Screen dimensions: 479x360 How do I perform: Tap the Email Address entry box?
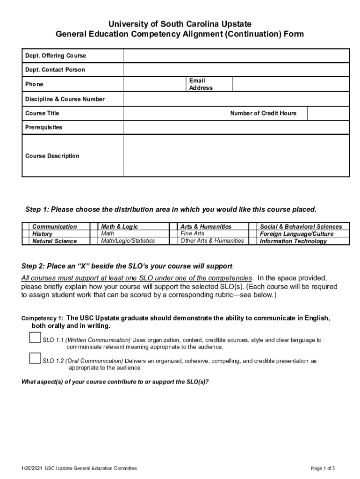[x=291, y=84]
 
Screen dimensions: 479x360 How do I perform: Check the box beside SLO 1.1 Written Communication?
[x=35, y=337]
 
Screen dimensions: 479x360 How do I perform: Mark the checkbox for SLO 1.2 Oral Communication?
[x=35, y=358]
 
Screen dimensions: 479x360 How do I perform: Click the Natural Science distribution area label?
[x=54, y=241]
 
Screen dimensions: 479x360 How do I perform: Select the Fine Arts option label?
[x=192, y=233]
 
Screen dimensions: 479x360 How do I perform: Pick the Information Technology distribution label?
[x=293, y=241]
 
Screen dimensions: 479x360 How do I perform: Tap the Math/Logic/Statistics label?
[x=128, y=241]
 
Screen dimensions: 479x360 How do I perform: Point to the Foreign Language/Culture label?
[x=296, y=234]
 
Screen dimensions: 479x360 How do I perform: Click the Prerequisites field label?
[x=43, y=127]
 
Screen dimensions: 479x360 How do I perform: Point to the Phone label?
[x=34, y=84]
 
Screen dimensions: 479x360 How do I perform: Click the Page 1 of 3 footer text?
[x=323, y=468]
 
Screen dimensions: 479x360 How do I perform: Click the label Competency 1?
[x=42, y=319]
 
